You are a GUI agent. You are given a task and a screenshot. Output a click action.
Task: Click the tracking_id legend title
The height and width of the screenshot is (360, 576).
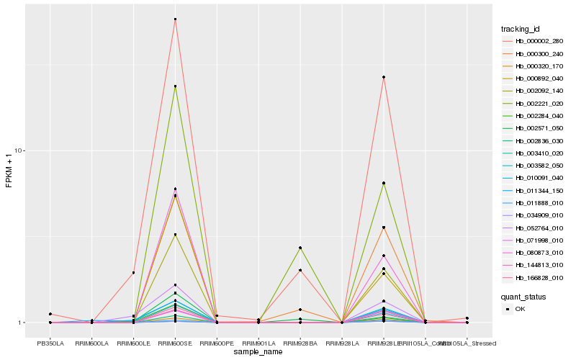(521, 29)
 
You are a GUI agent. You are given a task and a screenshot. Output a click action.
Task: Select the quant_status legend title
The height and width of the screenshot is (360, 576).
(523, 297)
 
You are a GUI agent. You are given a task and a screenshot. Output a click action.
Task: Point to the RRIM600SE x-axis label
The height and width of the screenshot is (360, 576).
(175, 343)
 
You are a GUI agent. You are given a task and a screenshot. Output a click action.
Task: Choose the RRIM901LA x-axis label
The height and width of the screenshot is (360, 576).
(258, 343)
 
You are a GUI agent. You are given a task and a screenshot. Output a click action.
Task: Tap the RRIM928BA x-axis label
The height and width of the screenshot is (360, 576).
(300, 343)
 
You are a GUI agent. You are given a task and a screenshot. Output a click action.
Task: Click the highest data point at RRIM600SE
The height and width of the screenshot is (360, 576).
(175, 19)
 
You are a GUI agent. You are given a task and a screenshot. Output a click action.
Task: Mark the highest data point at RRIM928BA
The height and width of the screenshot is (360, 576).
(300, 248)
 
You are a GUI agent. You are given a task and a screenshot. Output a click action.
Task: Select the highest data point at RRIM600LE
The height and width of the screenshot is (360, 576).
(133, 273)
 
